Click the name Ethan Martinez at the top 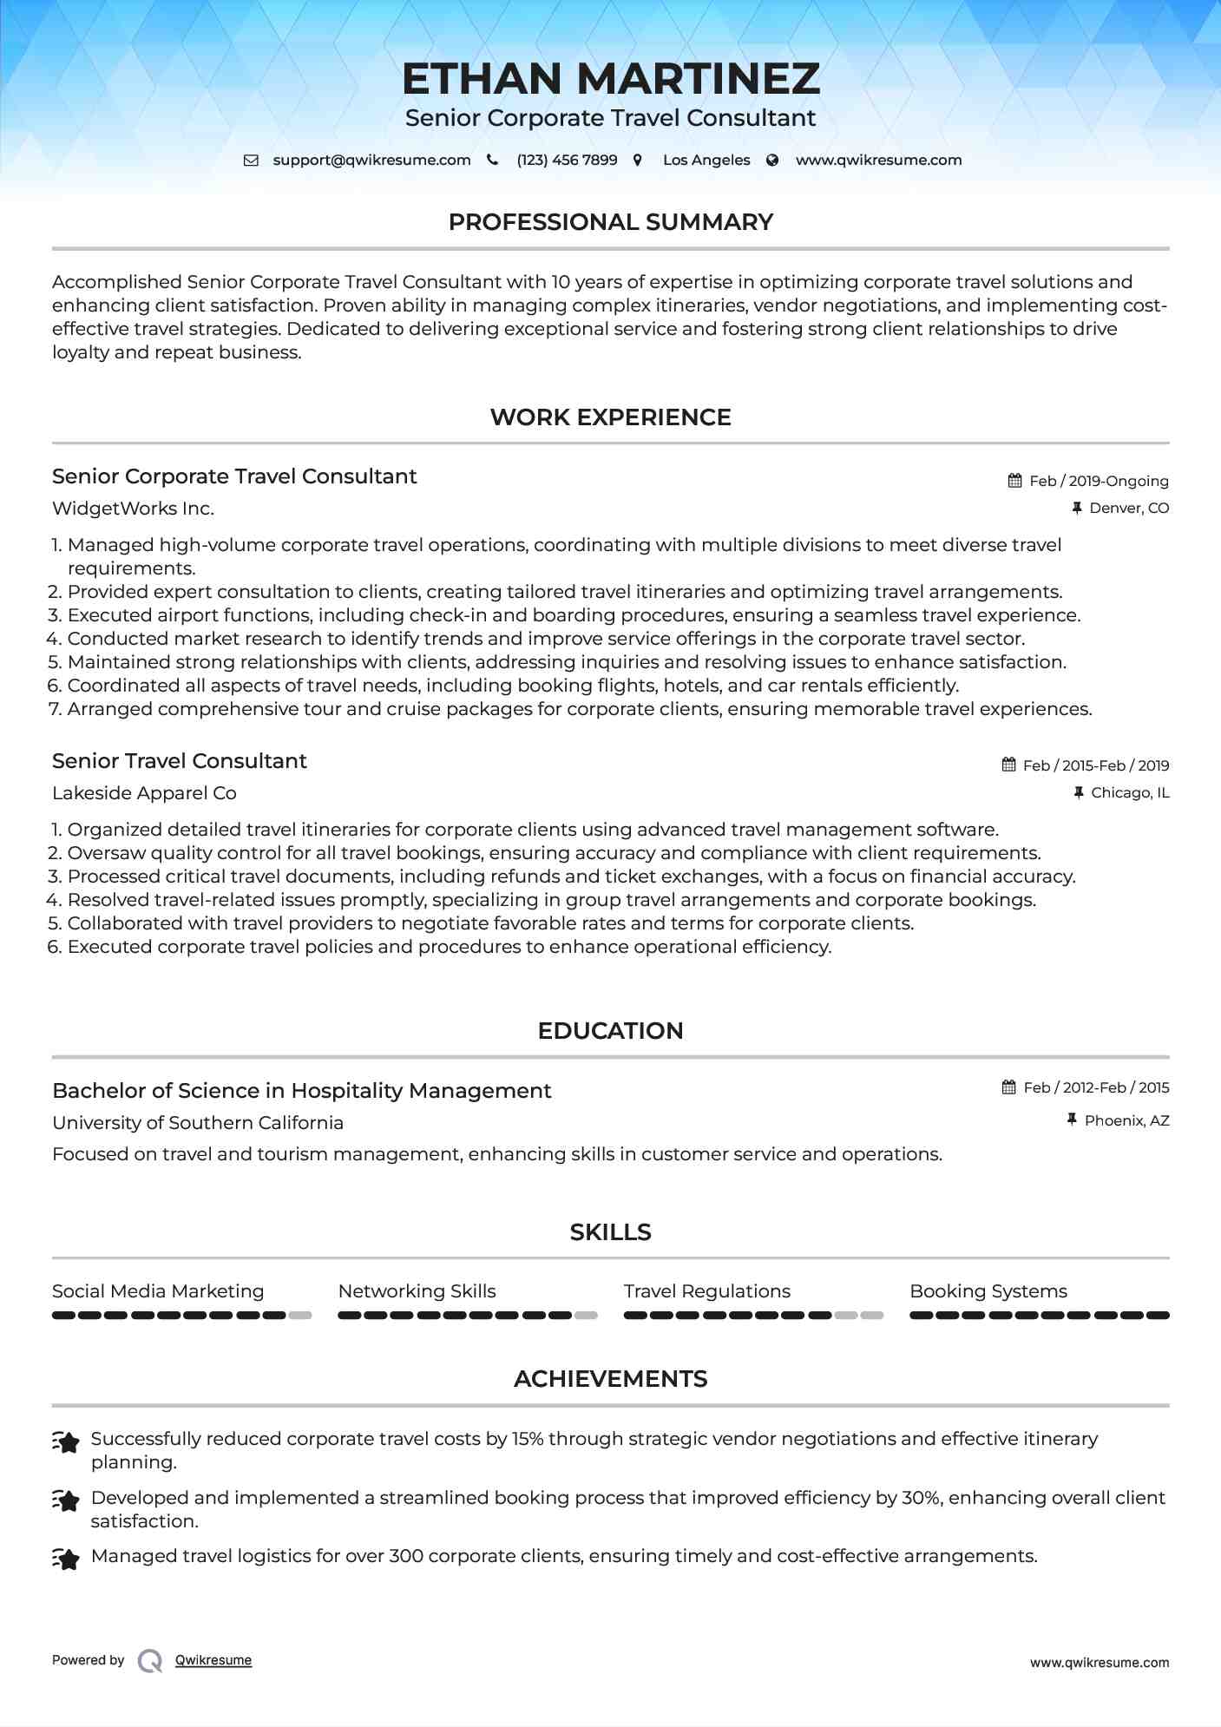(610, 79)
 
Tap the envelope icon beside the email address (251, 161)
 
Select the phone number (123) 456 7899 (567, 161)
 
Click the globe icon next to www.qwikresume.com (772, 161)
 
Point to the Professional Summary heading (610, 222)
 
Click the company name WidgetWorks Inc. (133, 509)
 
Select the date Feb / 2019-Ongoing (1099, 481)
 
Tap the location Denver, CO (1128, 509)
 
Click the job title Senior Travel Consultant (179, 761)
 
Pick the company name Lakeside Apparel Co (144, 793)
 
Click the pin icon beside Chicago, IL (1079, 792)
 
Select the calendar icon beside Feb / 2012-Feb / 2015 (1008, 1087)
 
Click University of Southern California (198, 1123)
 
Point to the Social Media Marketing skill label (158, 1291)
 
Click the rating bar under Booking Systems (1039, 1316)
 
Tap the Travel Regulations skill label (706, 1291)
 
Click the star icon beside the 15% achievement (66, 1442)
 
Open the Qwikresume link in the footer (213, 1660)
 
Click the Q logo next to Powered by (150, 1661)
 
